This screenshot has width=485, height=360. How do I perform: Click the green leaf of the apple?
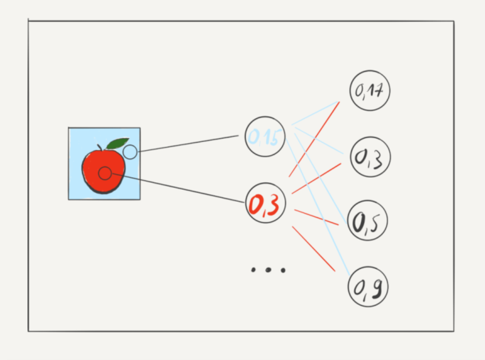click(117, 143)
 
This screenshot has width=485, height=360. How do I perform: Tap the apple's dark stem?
click(99, 147)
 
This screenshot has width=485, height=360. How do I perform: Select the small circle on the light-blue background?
click(130, 152)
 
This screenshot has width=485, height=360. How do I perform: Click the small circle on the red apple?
click(105, 173)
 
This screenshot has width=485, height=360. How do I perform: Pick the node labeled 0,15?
click(265, 136)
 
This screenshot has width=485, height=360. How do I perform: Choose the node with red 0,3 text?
click(265, 203)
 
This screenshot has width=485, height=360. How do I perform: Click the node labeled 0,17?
click(370, 90)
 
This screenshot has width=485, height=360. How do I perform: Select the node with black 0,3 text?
click(370, 157)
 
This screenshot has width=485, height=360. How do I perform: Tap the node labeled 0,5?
click(367, 220)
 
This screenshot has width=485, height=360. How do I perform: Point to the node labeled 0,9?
click(368, 287)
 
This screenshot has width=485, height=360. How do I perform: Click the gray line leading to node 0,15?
click(188, 144)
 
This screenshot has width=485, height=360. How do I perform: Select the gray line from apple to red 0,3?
click(178, 188)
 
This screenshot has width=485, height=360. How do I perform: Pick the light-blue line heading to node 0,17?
click(315, 113)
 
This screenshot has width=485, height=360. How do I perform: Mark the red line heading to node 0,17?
click(314, 139)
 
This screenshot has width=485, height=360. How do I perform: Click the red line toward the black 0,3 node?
click(316, 178)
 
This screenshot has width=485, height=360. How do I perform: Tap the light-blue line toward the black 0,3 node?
click(319, 141)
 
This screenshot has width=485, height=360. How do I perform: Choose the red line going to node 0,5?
click(316, 217)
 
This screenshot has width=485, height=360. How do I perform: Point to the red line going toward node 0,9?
click(313, 248)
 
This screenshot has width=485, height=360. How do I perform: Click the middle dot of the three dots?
click(268, 270)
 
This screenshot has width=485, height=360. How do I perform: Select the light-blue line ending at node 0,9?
click(318, 207)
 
